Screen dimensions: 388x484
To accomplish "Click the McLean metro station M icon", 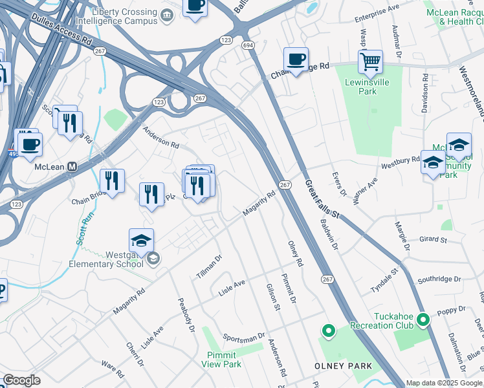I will (x=73, y=166).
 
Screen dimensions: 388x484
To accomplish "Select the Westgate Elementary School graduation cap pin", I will (x=141, y=241).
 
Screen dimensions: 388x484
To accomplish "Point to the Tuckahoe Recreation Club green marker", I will (x=423, y=319).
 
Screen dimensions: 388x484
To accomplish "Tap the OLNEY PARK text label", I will (x=343, y=366).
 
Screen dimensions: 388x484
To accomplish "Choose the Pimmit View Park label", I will (x=224, y=360).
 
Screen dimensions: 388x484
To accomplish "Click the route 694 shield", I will (x=248, y=45).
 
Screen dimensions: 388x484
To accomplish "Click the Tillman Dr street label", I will (x=209, y=266).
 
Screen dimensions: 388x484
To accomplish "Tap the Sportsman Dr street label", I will (x=243, y=337).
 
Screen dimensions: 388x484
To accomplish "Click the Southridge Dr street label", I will (x=438, y=280).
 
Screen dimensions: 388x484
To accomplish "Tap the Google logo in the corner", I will (x=21, y=380).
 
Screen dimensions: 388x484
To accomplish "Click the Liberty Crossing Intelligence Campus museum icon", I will (x=167, y=15).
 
